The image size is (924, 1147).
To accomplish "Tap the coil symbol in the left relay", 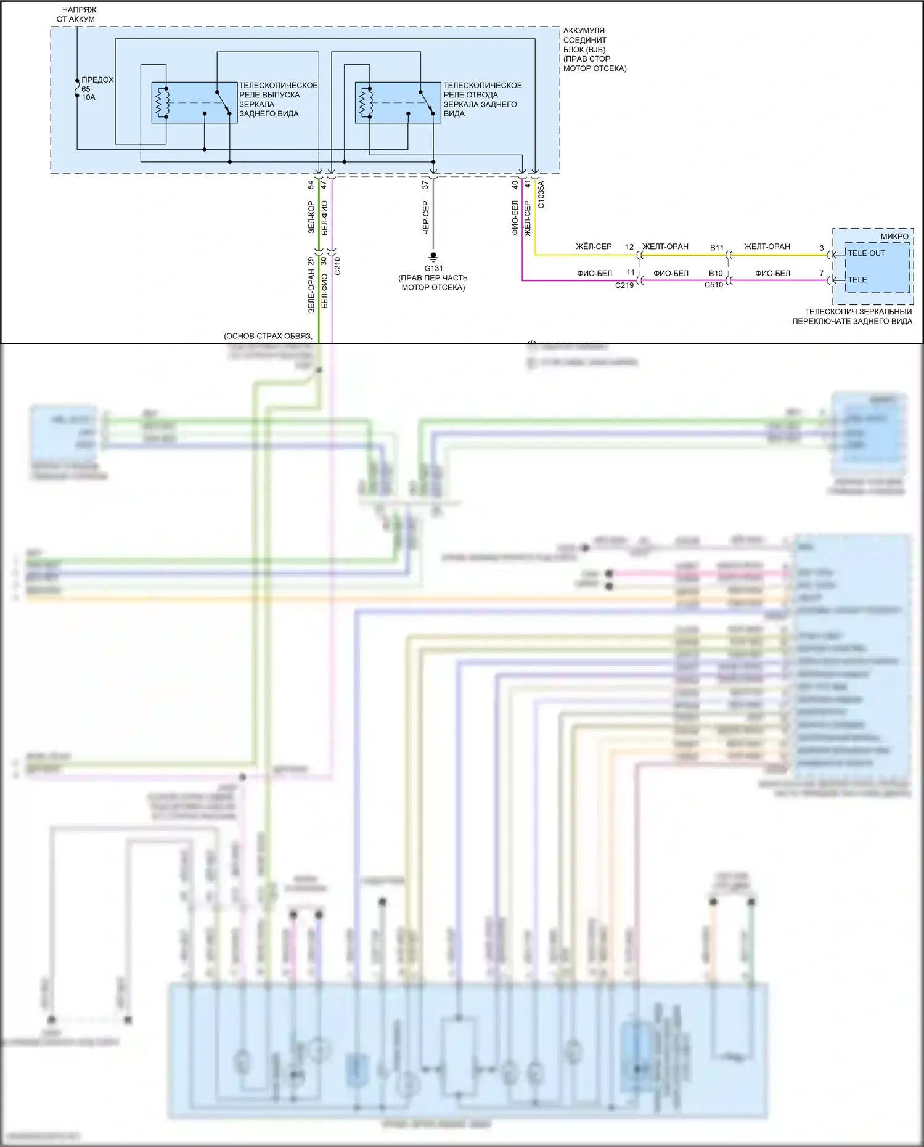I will (163, 102).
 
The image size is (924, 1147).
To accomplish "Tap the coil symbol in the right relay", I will (366, 102).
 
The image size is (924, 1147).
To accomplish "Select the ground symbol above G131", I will (433, 256).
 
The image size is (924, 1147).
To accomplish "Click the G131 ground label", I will (433, 268).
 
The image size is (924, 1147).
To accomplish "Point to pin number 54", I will (311, 184).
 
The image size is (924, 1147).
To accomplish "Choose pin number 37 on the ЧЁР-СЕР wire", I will (425, 184).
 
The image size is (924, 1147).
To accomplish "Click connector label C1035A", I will (541, 194).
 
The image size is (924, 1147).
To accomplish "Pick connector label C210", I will (337, 265).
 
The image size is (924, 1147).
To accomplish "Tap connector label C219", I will (624, 285).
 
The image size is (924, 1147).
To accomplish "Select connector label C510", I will (714, 285).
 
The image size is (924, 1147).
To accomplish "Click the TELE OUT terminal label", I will (866, 253).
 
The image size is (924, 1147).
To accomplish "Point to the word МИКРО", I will (894, 237).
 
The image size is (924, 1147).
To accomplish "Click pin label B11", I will (716, 248).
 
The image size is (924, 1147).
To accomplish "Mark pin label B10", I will (716, 274).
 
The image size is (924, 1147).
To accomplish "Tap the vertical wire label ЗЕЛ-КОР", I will (311, 217).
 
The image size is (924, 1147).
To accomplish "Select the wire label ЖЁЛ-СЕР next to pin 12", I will (594, 247).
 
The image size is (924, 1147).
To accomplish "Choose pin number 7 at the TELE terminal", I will (821, 274).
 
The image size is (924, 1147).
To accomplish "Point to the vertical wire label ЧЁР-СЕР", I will (425, 218).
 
